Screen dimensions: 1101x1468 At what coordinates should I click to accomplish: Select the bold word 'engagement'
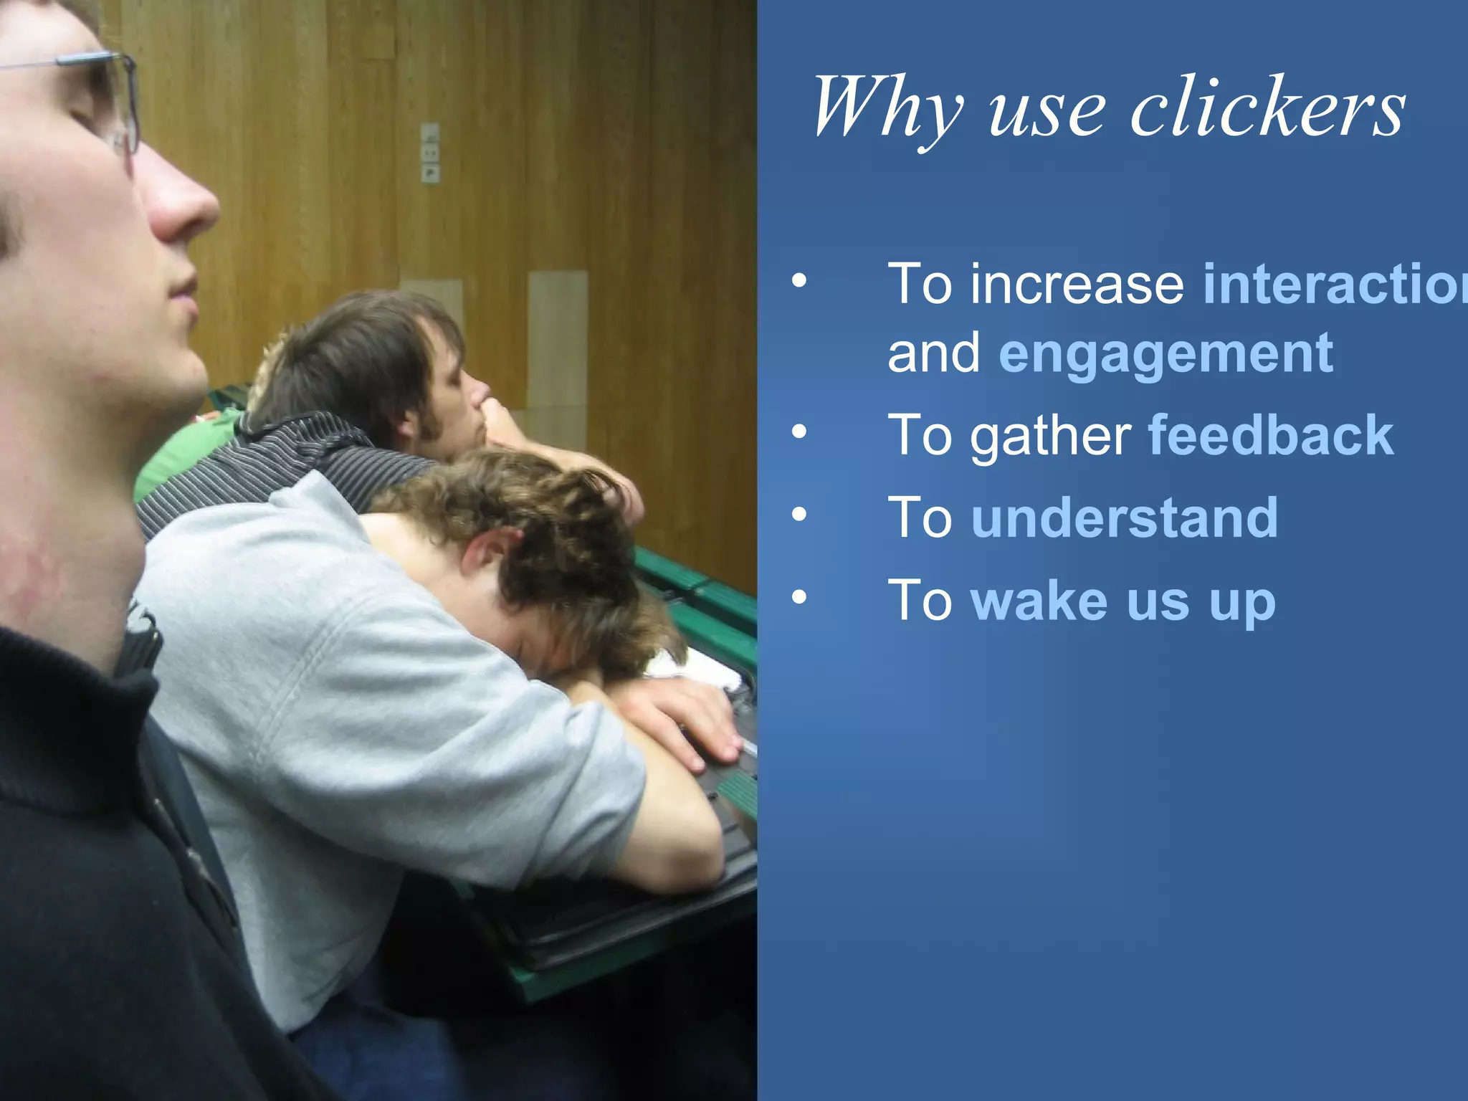[x=1166, y=354]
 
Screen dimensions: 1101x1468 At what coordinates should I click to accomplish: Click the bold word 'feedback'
[x=1271, y=435]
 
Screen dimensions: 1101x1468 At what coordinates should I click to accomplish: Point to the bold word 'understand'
[x=1124, y=518]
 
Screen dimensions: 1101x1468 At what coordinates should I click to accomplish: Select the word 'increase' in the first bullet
[x=1077, y=285]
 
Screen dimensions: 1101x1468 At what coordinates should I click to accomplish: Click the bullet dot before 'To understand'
[x=799, y=514]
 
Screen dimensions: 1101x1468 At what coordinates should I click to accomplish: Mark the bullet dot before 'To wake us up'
[x=799, y=596]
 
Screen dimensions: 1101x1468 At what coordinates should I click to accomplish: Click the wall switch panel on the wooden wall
[x=430, y=153]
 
